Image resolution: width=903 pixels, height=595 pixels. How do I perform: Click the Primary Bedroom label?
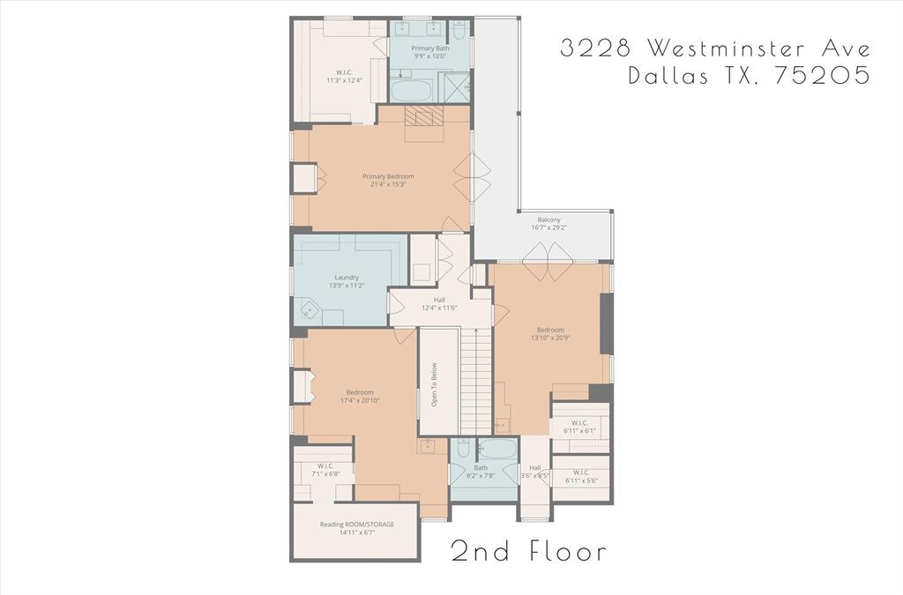[387, 181]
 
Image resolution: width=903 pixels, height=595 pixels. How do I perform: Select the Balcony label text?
[549, 224]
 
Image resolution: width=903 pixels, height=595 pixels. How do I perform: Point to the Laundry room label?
[347, 282]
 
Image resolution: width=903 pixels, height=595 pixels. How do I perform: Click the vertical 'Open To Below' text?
[434, 385]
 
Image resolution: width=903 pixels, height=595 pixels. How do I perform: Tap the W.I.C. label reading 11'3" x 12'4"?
[344, 77]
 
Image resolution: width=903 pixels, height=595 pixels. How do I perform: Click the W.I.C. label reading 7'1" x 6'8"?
[325, 470]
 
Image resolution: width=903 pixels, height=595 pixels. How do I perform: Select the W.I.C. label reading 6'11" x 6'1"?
[578, 427]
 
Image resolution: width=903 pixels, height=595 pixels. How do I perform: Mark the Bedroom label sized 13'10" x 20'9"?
[549, 334]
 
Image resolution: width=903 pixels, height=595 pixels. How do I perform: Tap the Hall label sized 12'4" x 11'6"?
[439, 304]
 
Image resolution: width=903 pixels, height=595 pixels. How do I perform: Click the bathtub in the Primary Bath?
[411, 91]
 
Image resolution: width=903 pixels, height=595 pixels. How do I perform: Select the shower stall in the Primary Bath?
[455, 88]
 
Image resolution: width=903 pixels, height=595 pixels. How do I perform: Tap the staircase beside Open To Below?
[476, 379]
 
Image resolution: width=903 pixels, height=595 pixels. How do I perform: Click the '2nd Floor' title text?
[528, 552]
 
